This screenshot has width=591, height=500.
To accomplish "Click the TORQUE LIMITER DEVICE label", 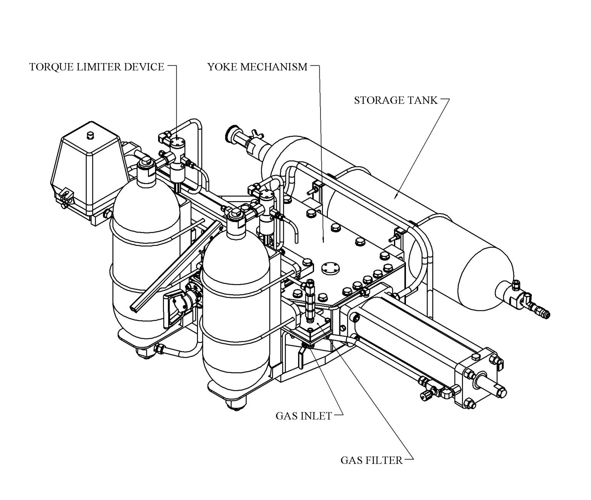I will [97, 67].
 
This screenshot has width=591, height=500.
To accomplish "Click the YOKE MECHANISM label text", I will [257, 67].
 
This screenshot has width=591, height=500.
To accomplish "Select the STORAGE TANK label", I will [396, 100].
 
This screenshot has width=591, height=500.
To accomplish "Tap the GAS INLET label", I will [304, 416].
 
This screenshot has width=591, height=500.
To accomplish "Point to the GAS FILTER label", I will [371, 460].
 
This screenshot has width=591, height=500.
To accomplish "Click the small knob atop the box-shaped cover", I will [91, 135].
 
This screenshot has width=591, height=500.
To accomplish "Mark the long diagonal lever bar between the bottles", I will [173, 265].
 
